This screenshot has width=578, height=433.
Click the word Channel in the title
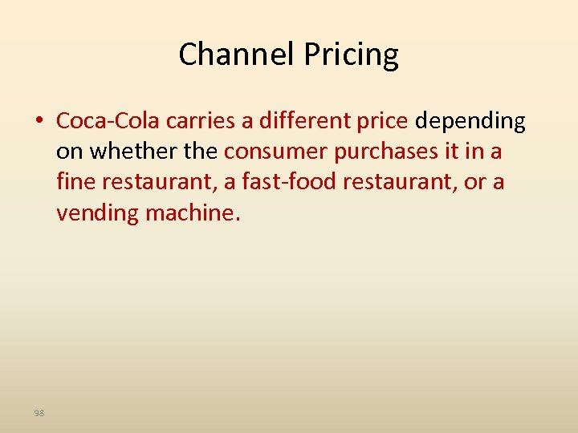[237, 55]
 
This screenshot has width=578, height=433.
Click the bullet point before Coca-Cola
[39, 121]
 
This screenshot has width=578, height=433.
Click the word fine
[73, 182]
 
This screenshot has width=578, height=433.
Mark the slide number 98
[39, 413]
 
